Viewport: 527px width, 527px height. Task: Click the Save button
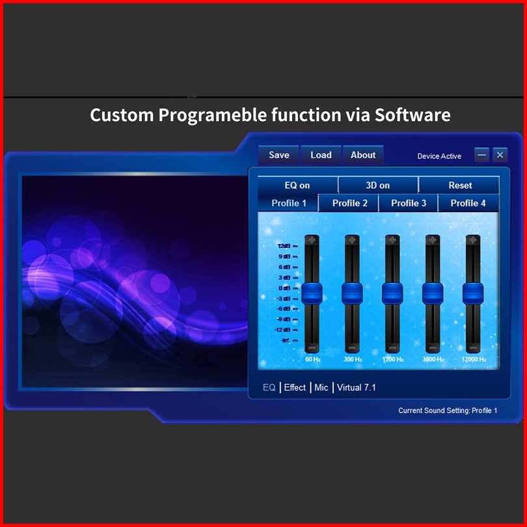[x=278, y=155]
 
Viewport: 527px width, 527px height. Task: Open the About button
[x=363, y=155]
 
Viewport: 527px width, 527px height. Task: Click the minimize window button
[x=481, y=155]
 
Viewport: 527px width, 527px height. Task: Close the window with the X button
[x=500, y=155]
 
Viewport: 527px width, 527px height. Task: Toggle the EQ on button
[x=297, y=185]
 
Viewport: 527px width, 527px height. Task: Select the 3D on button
[x=378, y=185]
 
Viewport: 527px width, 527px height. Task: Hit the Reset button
[x=459, y=185]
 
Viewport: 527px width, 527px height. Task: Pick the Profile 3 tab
[x=409, y=203]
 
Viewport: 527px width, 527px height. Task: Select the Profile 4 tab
[x=468, y=203]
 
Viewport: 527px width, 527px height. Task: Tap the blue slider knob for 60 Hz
[x=312, y=293]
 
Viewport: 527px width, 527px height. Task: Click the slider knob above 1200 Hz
[x=392, y=293]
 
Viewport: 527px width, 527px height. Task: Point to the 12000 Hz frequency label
[x=474, y=359]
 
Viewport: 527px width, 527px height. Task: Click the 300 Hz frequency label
[x=353, y=359]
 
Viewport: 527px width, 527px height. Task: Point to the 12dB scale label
[x=284, y=246]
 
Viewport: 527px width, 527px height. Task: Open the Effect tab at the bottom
[x=295, y=388]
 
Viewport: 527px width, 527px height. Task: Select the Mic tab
[x=321, y=388]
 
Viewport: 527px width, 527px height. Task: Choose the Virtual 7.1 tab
[x=357, y=388]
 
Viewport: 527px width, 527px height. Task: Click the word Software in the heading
[x=412, y=115]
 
